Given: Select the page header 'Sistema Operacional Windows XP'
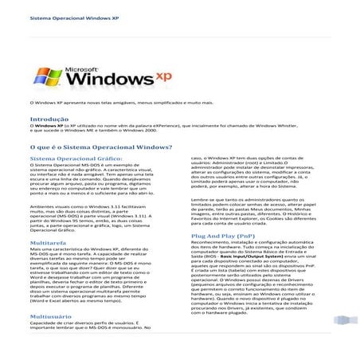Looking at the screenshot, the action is [x=54, y=17].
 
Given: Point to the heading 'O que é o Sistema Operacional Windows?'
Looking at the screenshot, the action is [x=95, y=147].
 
